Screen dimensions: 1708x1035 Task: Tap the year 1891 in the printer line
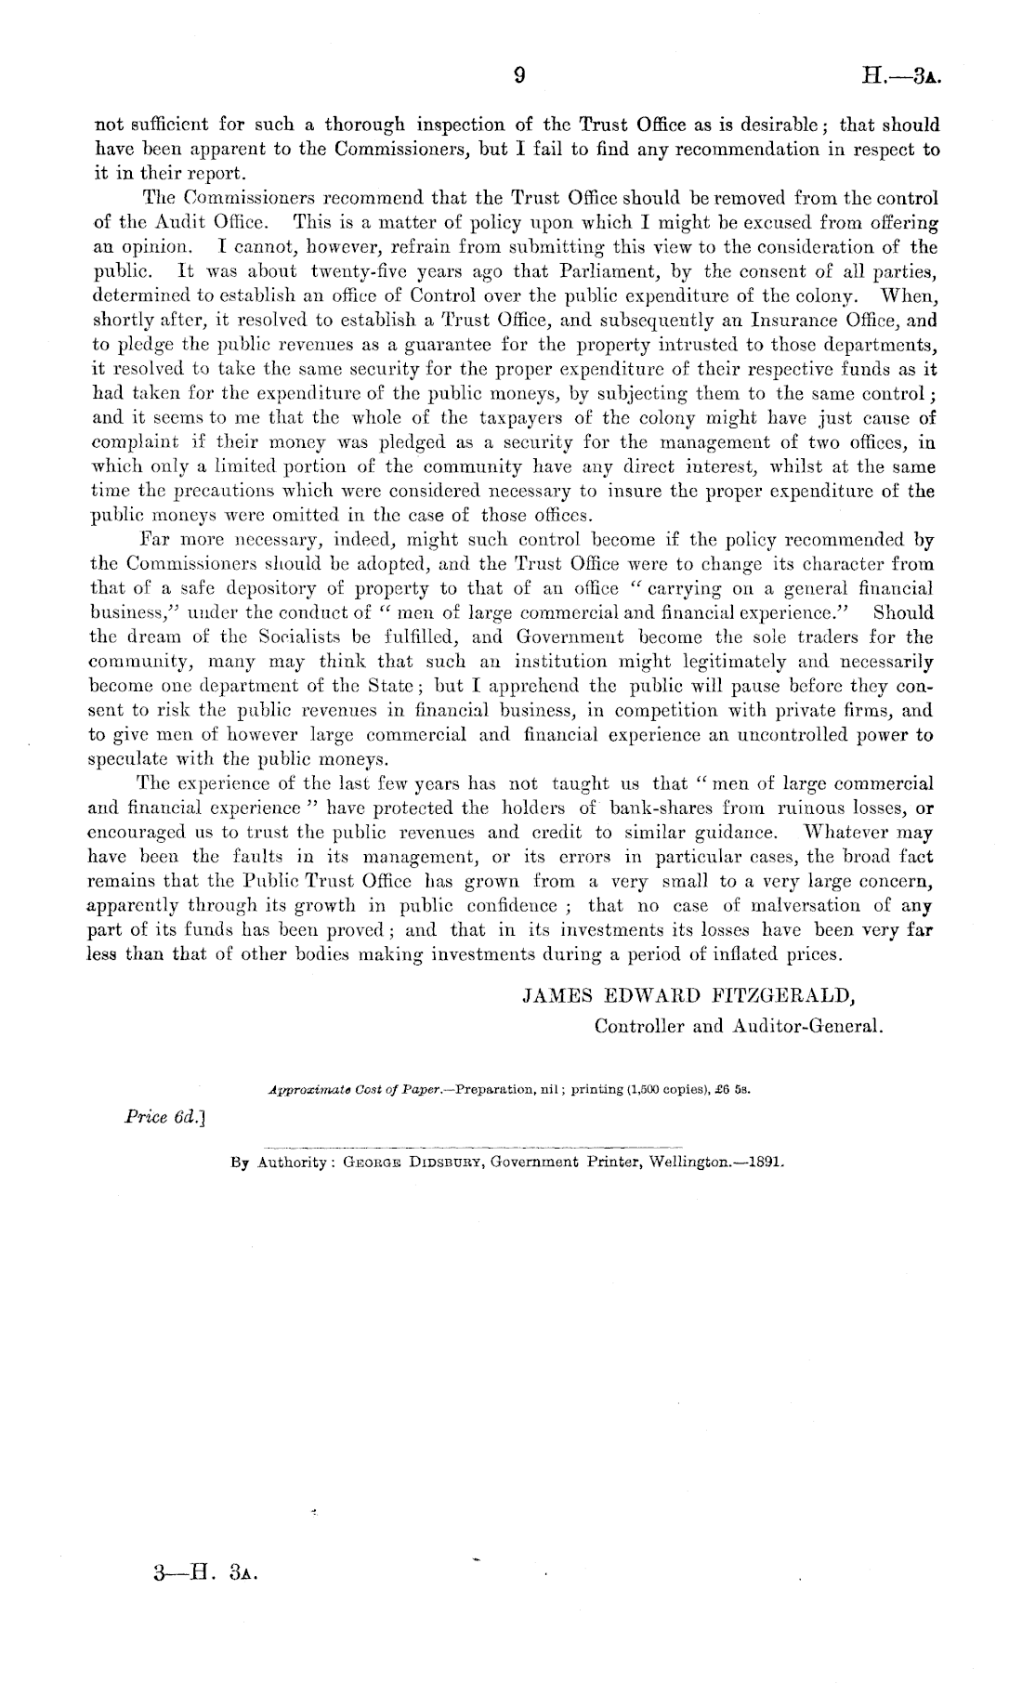click(765, 1162)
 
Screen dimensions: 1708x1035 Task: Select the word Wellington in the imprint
click(694, 1162)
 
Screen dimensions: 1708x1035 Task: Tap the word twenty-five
click(362, 271)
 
